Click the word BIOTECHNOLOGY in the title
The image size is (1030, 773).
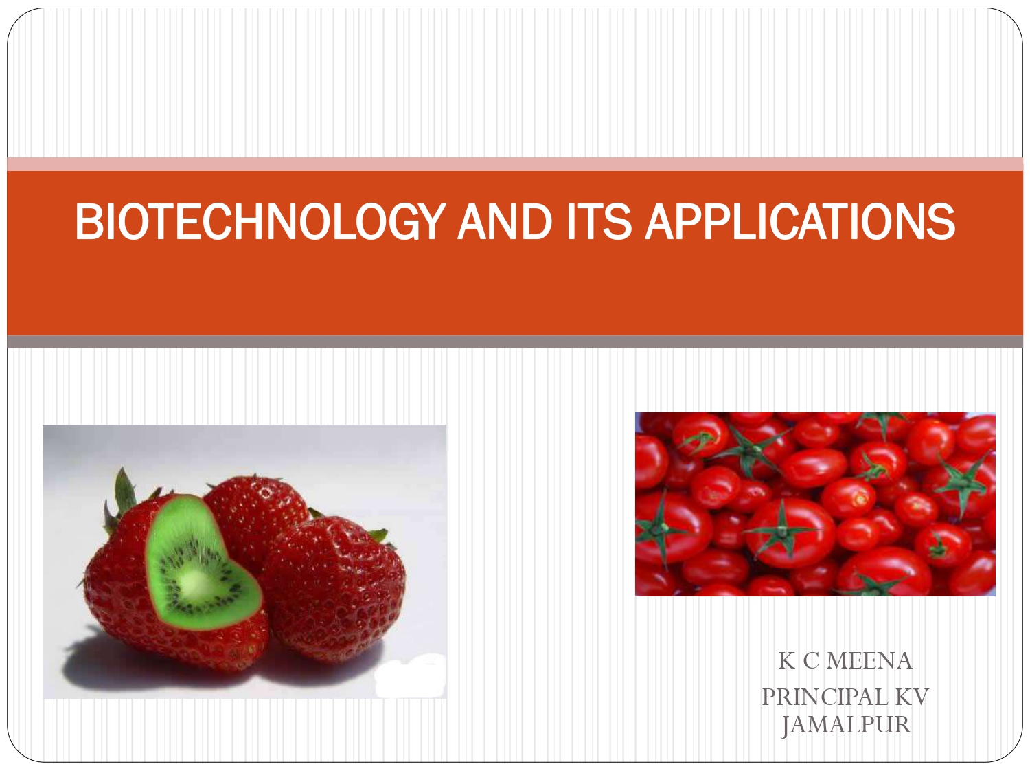[260, 222]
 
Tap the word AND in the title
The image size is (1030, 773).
[505, 222]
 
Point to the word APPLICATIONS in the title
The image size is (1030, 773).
[800, 222]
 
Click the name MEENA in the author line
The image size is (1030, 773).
[869, 661]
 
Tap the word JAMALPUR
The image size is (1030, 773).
[845, 725]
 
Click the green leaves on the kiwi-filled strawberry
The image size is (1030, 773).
[124, 495]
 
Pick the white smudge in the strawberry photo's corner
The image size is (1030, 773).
[412, 677]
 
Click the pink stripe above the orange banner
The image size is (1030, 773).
[515, 164]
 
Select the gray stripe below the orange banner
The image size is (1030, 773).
[515, 341]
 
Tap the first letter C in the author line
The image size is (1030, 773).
[811, 661]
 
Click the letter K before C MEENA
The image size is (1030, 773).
[787, 661]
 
